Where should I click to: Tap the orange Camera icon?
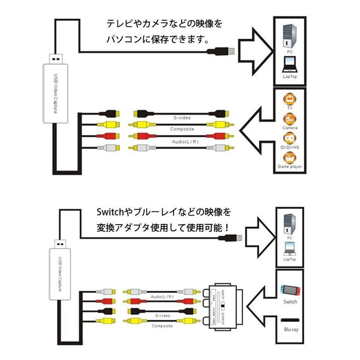[x=289, y=119]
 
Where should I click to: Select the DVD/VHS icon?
[x=289, y=138]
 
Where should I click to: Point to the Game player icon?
[x=289, y=158]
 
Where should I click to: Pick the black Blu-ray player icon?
[x=290, y=321]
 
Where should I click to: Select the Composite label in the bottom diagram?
[x=161, y=326]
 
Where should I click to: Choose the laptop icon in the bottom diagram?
[x=290, y=249]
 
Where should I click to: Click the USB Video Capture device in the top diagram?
[x=55, y=92]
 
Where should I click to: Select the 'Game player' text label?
[x=290, y=166]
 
